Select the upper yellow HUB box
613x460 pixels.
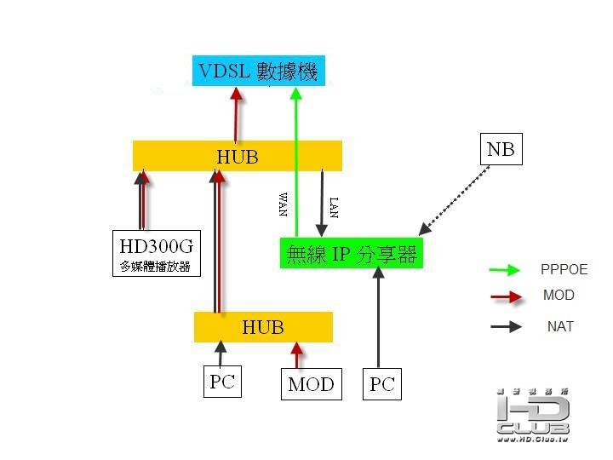237,156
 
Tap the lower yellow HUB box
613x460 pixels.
263,327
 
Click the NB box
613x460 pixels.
500,150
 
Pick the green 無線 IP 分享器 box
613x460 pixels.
351,253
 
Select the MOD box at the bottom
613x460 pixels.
310,383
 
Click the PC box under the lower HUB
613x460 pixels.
221,381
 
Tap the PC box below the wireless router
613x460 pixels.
381,384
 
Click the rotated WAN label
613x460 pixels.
283,204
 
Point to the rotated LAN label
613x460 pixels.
334,207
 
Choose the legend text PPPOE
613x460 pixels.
564,270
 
